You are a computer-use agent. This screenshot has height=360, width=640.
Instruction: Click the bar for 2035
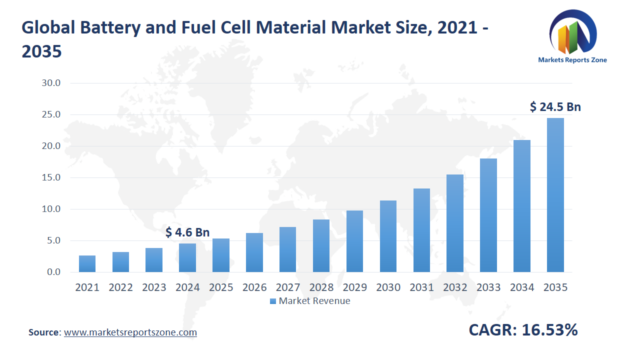[555, 195]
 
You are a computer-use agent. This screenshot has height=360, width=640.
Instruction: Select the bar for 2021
[87, 264]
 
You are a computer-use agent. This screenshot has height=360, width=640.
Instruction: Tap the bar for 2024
[187, 258]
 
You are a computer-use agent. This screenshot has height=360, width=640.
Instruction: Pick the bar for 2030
[388, 236]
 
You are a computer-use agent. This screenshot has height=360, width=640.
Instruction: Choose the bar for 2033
[488, 215]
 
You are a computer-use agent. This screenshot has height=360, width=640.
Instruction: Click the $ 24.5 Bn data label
[555, 106]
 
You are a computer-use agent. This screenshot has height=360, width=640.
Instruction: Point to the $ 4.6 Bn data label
[187, 232]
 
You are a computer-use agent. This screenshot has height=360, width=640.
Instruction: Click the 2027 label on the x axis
[287, 287]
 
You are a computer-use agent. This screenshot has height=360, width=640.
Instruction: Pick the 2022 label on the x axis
[120, 287]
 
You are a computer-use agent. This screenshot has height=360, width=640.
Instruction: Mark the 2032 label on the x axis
[455, 287]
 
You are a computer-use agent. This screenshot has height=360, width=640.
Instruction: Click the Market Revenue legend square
[272, 301]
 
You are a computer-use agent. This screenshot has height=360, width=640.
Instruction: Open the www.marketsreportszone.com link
[130, 332]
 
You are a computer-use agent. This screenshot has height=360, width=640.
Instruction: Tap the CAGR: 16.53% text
[523, 330]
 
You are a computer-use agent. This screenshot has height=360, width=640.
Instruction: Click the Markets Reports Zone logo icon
[572, 34]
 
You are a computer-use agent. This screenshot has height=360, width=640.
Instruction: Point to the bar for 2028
[321, 246]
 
